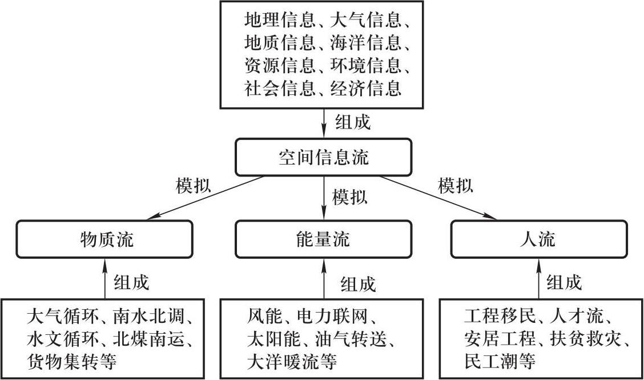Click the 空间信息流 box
tap(323, 157)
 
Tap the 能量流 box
tap(323, 239)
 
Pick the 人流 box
tap(538, 239)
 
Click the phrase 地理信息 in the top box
tap(279, 21)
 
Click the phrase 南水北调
tap(154, 317)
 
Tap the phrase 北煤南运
tap(154, 339)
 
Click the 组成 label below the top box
tap(352, 122)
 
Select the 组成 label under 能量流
tap(358, 283)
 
